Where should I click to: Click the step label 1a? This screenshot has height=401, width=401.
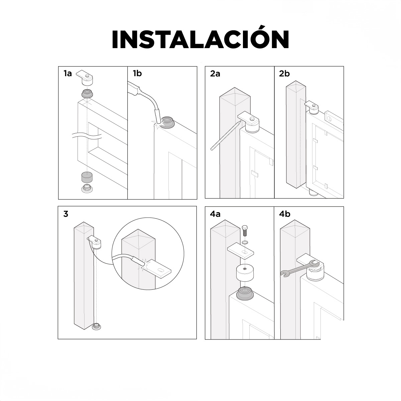click(68, 74)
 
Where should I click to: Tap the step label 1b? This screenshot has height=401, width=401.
click(137, 74)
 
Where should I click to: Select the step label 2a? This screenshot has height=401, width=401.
click(215, 74)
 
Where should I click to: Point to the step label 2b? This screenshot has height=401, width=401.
click(284, 74)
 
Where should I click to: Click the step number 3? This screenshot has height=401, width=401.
click(66, 214)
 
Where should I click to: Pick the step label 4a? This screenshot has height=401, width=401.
click(215, 214)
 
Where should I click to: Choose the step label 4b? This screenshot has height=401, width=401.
click(284, 214)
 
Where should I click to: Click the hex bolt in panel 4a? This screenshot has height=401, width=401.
click(245, 231)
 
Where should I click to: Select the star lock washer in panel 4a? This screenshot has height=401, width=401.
click(245, 242)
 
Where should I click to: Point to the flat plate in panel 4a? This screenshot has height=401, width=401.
click(241, 251)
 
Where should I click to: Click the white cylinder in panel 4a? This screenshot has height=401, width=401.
click(245, 273)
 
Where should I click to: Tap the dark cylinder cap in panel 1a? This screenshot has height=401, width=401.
click(87, 177)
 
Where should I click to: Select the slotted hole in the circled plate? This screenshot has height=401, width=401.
click(161, 270)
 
